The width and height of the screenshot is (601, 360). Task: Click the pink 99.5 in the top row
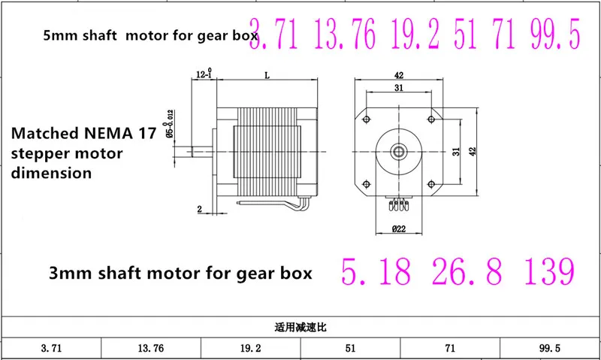(x=555, y=35)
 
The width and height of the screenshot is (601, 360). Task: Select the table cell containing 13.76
(x=151, y=348)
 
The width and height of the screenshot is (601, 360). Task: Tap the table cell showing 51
(x=350, y=348)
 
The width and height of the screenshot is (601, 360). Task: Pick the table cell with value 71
(x=450, y=348)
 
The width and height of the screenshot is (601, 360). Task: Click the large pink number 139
(x=550, y=271)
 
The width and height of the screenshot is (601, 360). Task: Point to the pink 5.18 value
(x=376, y=271)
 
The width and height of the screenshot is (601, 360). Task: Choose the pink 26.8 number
(x=467, y=271)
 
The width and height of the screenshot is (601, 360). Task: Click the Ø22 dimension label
(x=399, y=229)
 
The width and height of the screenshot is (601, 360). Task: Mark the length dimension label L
(x=267, y=75)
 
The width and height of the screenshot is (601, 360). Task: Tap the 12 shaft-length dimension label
(x=204, y=74)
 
